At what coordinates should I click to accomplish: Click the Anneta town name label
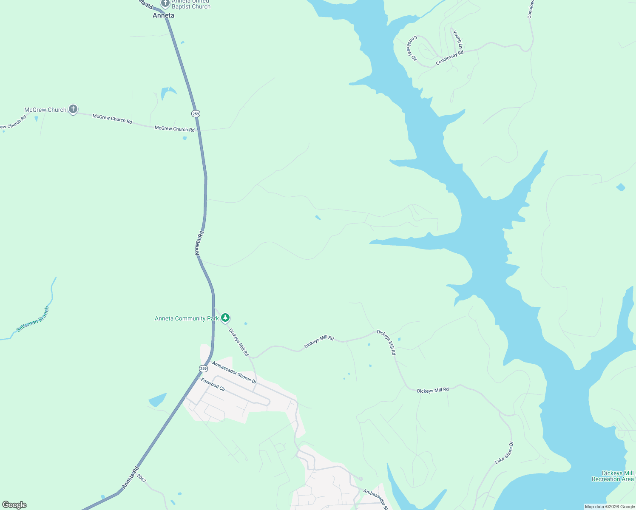163,15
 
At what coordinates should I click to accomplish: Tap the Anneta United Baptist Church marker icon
165,3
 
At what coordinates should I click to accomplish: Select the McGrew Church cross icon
73,109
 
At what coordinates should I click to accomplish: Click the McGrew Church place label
45,110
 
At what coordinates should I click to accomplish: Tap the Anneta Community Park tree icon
225,317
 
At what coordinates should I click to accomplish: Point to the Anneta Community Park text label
187,318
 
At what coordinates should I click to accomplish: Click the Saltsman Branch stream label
33,319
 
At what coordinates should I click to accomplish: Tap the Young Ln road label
458,39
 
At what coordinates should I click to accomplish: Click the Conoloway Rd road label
449,58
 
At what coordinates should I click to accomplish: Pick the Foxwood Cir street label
213,385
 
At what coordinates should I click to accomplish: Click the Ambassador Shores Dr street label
234,372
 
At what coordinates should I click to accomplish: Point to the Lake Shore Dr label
504,453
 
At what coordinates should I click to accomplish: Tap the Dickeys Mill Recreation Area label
613,476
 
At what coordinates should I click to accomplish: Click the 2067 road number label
142,478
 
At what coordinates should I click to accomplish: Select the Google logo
14,505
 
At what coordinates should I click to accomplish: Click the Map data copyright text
610,507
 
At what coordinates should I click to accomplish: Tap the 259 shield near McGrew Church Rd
196,113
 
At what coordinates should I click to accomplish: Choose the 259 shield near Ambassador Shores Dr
203,368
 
